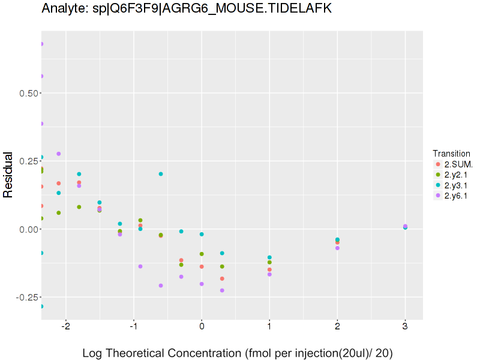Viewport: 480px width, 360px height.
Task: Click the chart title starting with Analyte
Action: pos(187,8)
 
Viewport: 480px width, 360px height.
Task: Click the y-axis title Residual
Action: pos(8,174)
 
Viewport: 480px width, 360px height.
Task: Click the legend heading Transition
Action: pos(451,153)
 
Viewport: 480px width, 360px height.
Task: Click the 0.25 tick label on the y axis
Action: pos(26,161)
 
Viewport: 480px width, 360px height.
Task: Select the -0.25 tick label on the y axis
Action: pos(25,297)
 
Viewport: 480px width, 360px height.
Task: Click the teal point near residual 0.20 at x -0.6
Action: pos(161,174)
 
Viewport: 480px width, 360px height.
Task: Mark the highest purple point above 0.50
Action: pos(41,44)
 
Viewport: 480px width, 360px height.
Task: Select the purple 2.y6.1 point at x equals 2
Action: pos(337,248)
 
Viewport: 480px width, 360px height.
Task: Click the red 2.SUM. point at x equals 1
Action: pos(269,269)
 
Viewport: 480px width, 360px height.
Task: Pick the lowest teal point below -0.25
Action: pos(41,306)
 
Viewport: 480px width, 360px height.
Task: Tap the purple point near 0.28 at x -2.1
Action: pos(59,154)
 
